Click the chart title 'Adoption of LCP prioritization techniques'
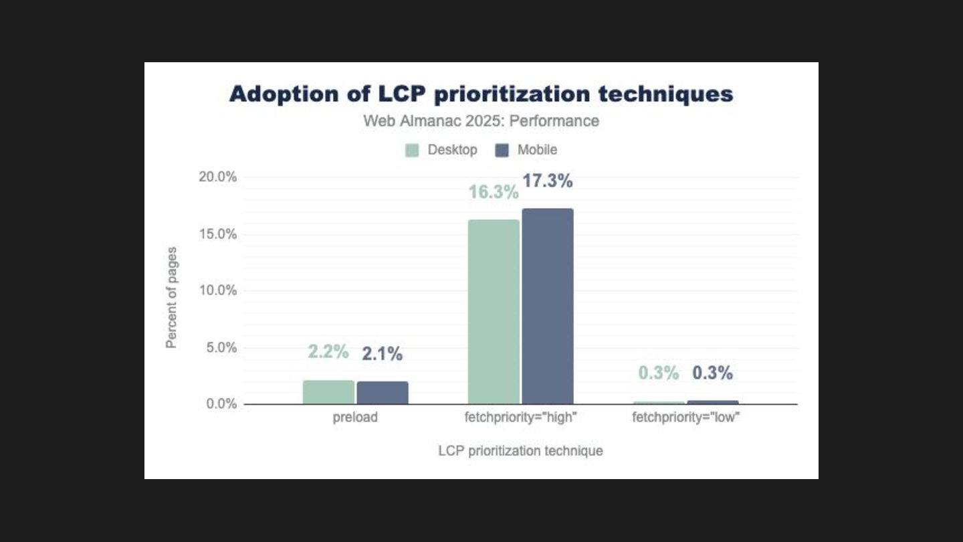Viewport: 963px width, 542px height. [x=481, y=94]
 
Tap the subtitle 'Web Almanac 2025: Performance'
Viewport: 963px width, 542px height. [x=481, y=121]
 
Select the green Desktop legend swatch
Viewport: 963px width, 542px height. [x=412, y=150]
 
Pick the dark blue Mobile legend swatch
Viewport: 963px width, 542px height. [x=502, y=150]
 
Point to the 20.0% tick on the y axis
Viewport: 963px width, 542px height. [x=218, y=177]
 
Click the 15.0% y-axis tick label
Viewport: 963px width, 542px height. [x=218, y=234]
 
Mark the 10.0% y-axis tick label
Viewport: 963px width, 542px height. [x=218, y=290]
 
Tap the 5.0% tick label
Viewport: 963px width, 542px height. [x=221, y=347]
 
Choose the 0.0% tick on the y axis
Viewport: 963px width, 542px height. [x=221, y=404]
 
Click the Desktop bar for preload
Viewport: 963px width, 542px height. [x=328, y=393]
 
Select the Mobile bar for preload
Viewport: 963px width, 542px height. [x=383, y=393]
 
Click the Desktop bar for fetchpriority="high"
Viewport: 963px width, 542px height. [x=494, y=312]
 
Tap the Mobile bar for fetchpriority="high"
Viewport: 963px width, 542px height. [x=548, y=306]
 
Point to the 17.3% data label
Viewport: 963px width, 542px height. [x=548, y=181]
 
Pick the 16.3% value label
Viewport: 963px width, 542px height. [x=494, y=193]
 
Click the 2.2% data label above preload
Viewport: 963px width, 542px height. [x=328, y=352]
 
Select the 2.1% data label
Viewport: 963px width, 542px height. [x=383, y=355]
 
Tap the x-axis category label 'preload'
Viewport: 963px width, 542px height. [x=355, y=418]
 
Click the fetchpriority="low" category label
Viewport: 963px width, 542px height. [x=686, y=418]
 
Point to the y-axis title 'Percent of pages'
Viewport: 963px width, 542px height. [x=172, y=298]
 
